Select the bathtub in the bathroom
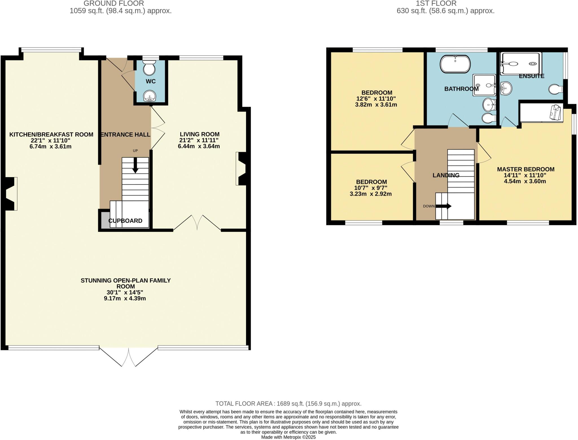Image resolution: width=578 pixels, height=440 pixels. point(455,64)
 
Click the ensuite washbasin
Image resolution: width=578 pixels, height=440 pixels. point(506,89)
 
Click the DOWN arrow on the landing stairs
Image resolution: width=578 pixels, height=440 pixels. point(444,206)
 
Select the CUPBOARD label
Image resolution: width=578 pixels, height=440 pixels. point(125,221)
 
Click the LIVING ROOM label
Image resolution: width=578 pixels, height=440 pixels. point(200,134)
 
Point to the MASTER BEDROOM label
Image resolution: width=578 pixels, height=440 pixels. point(526,169)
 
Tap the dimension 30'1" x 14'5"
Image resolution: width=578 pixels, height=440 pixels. point(125,293)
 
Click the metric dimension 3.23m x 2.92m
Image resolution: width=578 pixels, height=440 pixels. point(371,194)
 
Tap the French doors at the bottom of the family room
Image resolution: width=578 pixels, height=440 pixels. point(128,357)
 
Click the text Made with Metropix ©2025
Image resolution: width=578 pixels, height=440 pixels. point(288,437)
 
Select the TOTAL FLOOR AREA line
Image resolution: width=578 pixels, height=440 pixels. point(288,404)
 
